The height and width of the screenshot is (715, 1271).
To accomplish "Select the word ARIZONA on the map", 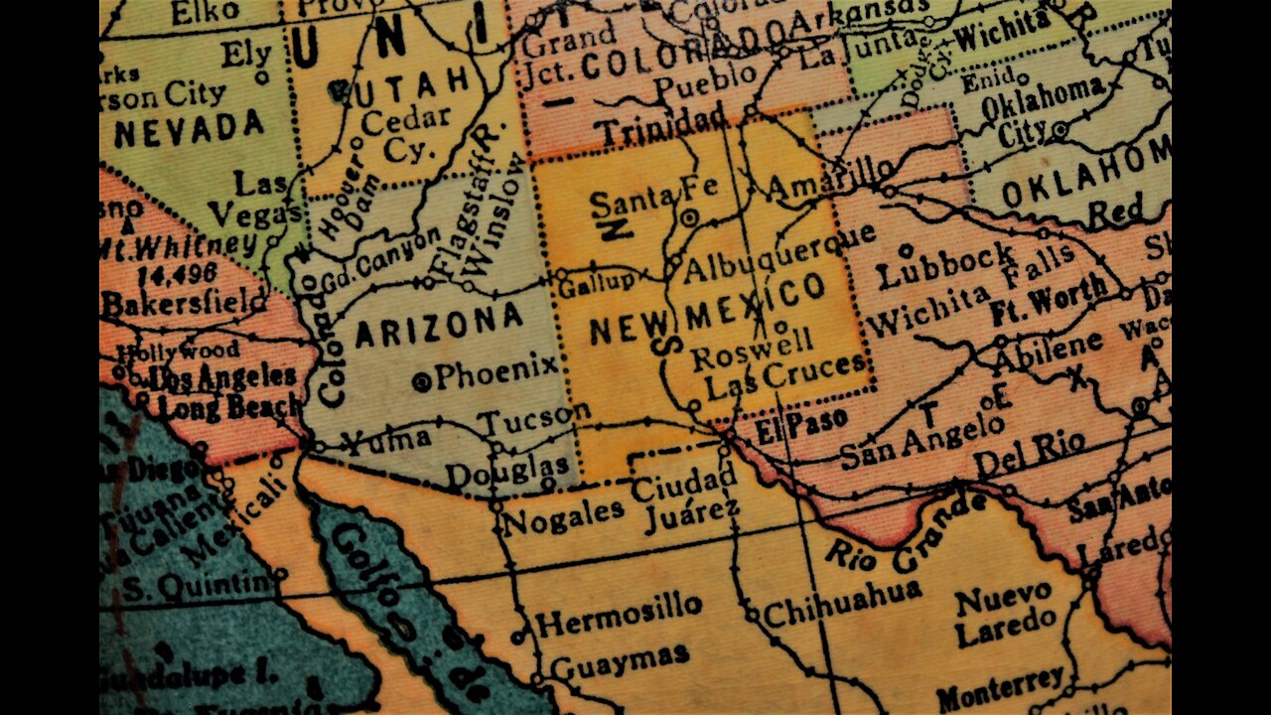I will coord(438,325).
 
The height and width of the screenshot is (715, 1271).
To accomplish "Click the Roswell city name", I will coord(752,350).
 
